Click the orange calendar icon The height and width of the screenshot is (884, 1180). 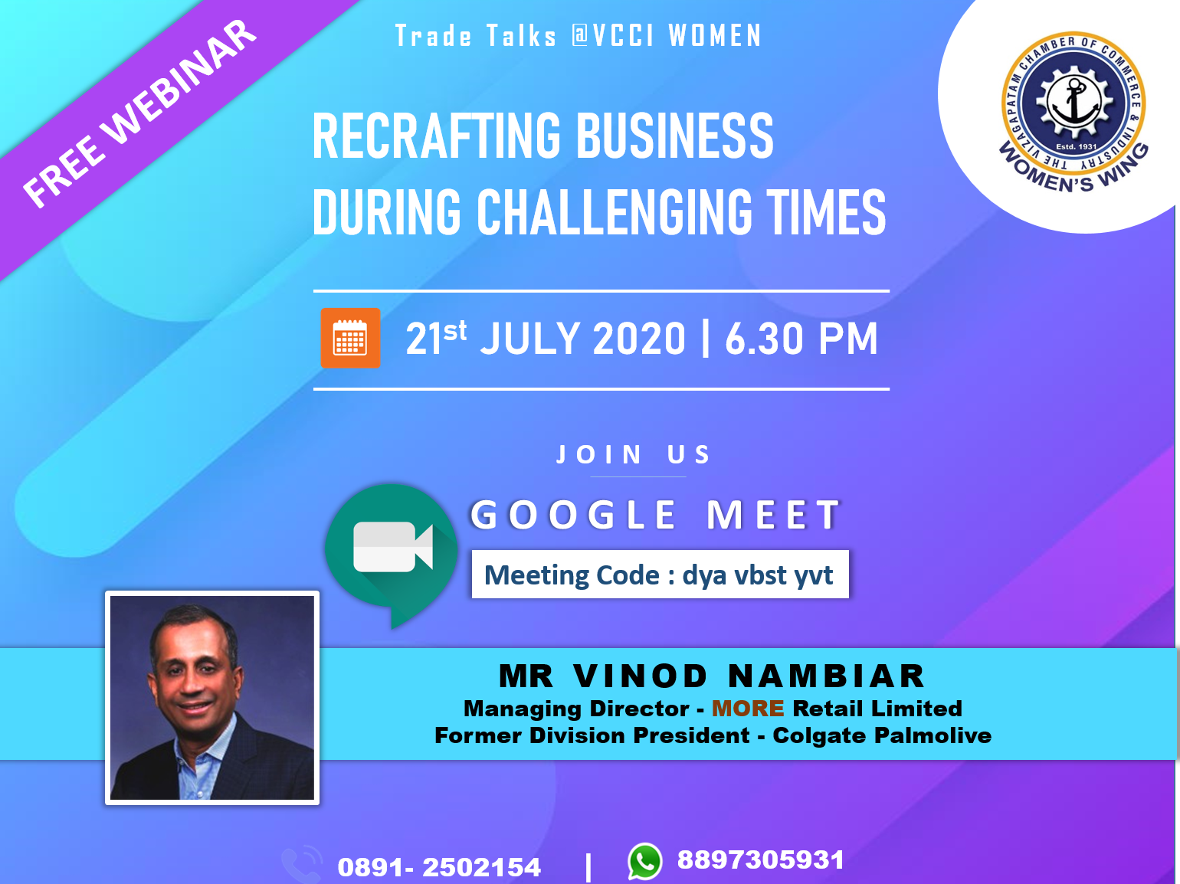[x=350, y=338]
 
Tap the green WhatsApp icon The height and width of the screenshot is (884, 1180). [x=644, y=861]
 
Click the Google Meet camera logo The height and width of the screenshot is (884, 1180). [x=392, y=555]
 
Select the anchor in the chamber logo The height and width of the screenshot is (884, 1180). [x=1074, y=102]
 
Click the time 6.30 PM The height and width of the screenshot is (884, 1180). [x=801, y=339]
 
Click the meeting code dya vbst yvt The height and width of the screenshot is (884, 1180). [x=758, y=575]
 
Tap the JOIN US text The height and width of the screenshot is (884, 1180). [x=633, y=454]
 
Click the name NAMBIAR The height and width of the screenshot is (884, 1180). [x=826, y=676]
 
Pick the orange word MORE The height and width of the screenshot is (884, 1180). [x=748, y=709]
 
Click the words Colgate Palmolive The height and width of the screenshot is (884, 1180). [x=882, y=735]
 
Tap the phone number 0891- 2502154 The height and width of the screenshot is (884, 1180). [x=439, y=867]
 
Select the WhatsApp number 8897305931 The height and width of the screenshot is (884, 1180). [x=761, y=859]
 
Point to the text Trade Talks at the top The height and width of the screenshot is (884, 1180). [x=476, y=36]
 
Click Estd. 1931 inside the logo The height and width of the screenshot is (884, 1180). [x=1076, y=146]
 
